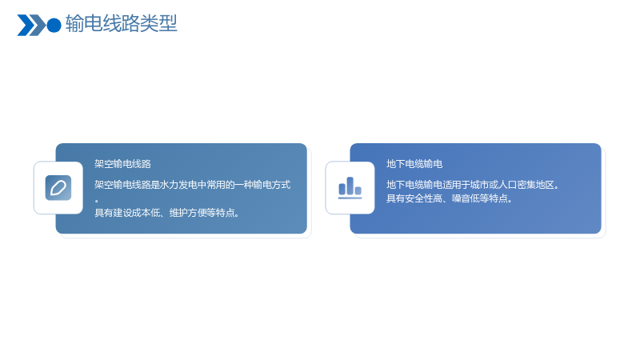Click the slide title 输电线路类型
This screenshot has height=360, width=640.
(x=122, y=23)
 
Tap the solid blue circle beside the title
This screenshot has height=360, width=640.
(x=54, y=26)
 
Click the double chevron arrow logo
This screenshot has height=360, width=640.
(x=31, y=26)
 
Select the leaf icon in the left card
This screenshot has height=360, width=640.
(x=58, y=188)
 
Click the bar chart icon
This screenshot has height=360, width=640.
(x=350, y=188)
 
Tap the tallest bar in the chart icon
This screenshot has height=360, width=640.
(x=350, y=186)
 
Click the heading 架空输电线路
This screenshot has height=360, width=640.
(x=123, y=164)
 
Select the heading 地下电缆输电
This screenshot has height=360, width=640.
(x=414, y=164)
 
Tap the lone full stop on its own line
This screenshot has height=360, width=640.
(x=97, y=201)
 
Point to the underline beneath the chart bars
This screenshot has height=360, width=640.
(x=350, y=198)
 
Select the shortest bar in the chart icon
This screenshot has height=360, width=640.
(x=358, y=190)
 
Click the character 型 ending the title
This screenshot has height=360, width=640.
(x=168, y=23)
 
